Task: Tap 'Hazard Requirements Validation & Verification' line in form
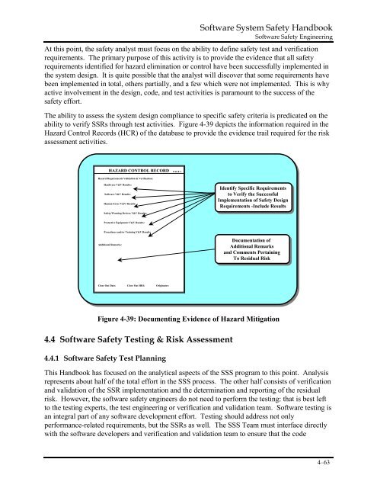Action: (129, 178)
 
